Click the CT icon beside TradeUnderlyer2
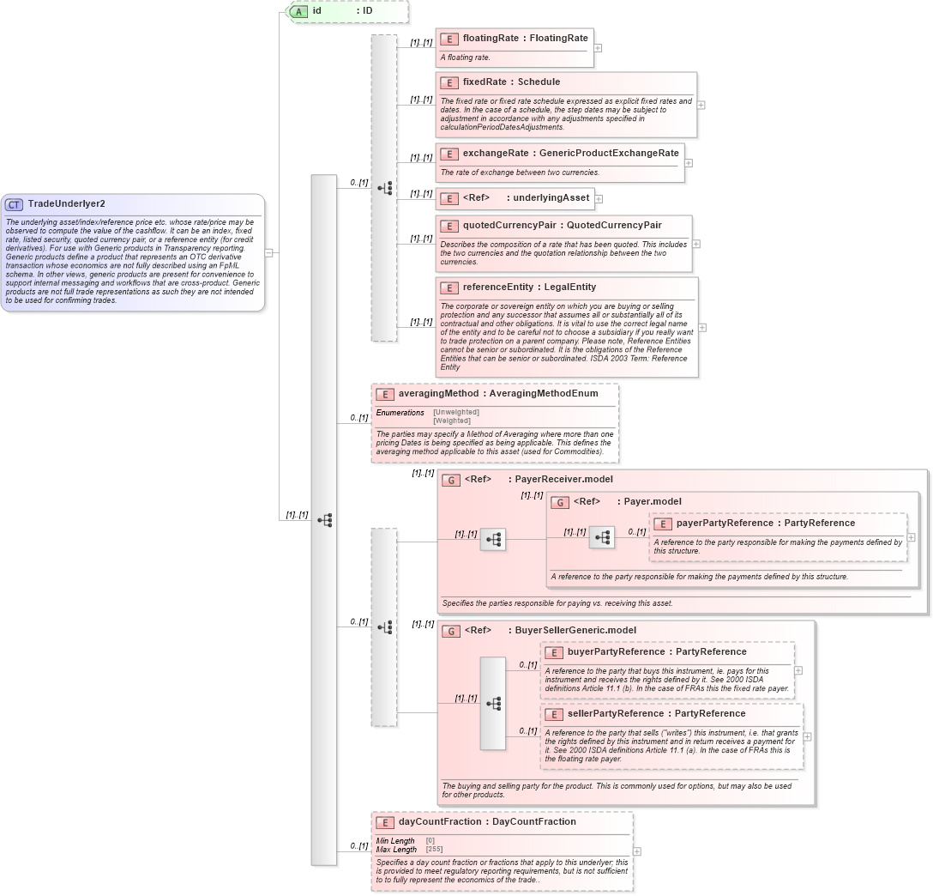click(x=14, y=204)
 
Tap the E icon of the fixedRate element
click(x=448, y=82)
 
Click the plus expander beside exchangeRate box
click(x=689, y=163)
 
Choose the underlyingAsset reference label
click(x=551, y=197)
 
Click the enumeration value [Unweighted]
click(x=456, y=412)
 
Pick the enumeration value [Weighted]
click(x=452, y=421)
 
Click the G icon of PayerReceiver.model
click(x=451, y=480)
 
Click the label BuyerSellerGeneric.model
click(x=575, y=630)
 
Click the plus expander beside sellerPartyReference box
click(x=807, y=736)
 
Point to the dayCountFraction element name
click(x=440, y=821)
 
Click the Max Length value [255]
click(x=435, y=849)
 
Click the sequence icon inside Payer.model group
click(x=602, y=538)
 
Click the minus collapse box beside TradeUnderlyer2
click(x=269, y=252)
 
